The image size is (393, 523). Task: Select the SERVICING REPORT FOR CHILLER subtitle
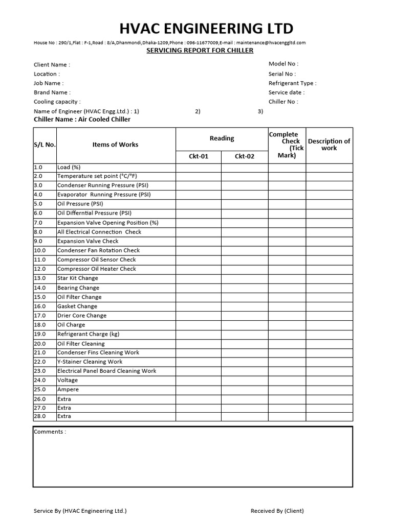coord(200,51)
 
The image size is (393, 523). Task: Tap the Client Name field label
coord(52,65)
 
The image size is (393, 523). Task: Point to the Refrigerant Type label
coord(292,83)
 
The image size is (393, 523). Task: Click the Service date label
coord(286,92)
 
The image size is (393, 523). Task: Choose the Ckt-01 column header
coord(199,156)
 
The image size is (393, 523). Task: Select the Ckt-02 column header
coord(244,156)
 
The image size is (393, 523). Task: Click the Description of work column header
coord(329,145)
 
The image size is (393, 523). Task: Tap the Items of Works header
coord(115,145)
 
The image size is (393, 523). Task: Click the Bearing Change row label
coord(78,288)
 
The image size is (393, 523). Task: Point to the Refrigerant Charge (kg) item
coord(88,334)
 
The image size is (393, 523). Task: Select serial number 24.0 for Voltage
coord(40,381)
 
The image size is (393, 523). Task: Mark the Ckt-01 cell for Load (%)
coord(199,168)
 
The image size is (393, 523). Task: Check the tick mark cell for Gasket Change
coord(287,306)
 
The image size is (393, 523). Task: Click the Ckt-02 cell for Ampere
coord(244,390)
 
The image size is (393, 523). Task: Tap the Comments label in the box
coord(50,432)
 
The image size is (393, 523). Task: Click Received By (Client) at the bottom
coord(277,511)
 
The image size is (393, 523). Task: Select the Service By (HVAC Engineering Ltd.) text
coord(80,511)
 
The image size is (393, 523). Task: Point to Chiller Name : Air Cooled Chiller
coord(82,120)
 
